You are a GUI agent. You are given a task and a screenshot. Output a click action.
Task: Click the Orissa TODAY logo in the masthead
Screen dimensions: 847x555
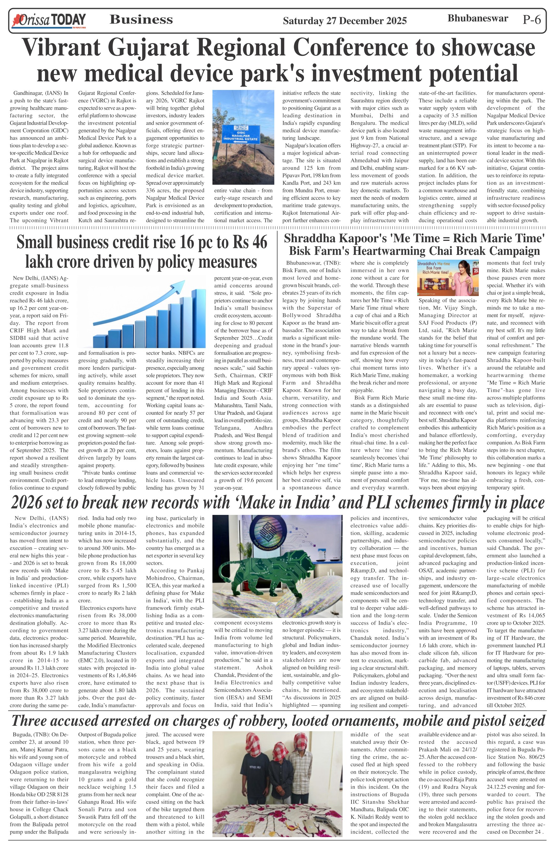[x=49, y=20]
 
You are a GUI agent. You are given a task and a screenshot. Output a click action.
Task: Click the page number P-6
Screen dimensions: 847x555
[x=531, y=19]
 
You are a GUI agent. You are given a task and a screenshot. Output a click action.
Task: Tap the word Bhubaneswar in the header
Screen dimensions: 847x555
[x=477, y=19]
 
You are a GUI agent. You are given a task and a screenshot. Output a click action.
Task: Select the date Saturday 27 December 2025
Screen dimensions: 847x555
[x=344, y=21]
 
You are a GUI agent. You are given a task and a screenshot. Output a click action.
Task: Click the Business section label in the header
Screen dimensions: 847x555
[x=141, y=19]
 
